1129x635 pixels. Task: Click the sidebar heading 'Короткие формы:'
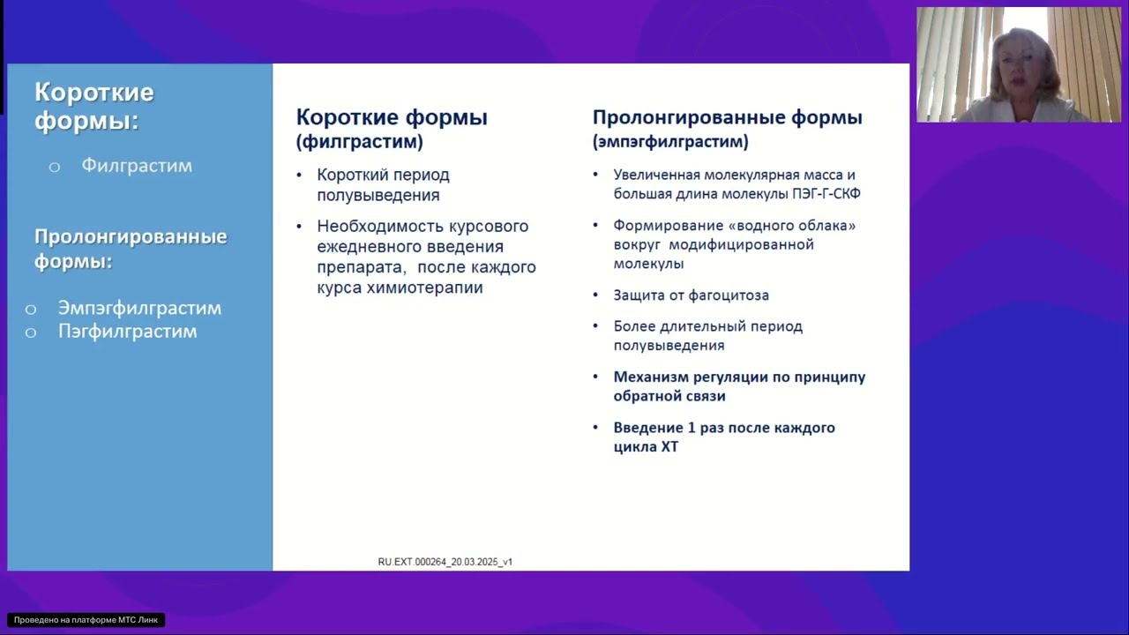94,106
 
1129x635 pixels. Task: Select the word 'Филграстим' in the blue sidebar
137,166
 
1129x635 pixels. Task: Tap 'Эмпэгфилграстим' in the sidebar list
139,308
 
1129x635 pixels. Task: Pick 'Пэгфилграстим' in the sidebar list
127,332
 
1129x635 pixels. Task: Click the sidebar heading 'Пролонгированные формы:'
131,249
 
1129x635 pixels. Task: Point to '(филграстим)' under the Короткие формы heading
359,141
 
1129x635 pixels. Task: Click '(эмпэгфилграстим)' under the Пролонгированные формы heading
670,141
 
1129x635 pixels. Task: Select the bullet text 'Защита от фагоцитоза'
691,295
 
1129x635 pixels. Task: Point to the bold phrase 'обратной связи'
669,396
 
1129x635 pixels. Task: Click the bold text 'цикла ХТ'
646,447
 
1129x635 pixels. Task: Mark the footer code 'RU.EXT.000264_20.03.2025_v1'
445,562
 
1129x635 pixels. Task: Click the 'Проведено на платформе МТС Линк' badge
86,620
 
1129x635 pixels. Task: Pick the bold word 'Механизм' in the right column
651,377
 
